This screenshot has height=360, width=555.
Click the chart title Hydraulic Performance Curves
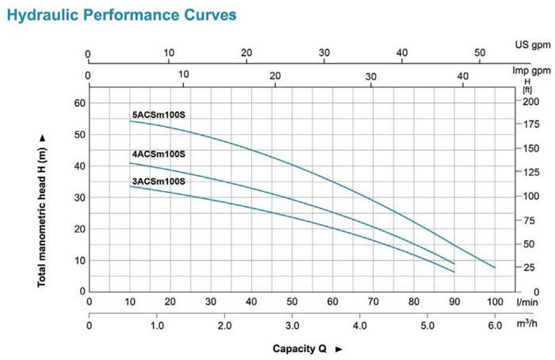(121, 15)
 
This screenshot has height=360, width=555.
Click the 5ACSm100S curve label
(159, 115)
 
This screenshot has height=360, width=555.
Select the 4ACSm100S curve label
(159, 153)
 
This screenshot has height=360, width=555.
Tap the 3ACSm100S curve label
(159, 182)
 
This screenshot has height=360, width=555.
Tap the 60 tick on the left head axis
(79, 103)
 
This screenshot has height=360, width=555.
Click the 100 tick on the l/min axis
(496, 302)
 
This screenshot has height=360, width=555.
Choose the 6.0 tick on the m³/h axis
(496, 326)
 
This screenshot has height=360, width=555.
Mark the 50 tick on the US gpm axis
(480, 53)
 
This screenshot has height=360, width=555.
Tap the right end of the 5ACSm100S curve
(495, 268)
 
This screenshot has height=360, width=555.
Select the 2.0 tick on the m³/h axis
(224, 326)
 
